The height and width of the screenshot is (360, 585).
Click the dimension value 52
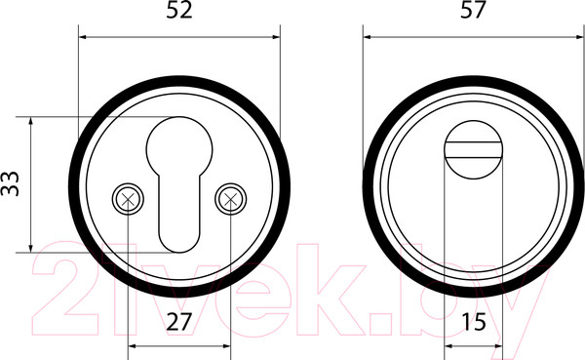(179, 10)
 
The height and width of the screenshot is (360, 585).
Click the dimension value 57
(473, 10)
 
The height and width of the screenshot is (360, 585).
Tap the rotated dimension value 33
(10, 183)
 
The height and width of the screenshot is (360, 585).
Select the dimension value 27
(179, 322)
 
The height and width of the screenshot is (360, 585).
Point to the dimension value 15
(474, 322)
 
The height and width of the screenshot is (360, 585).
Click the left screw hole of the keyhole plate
(128, 199)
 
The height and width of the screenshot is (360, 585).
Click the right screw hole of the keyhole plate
(230, 199)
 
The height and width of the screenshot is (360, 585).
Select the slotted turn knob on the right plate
(474, 149)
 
